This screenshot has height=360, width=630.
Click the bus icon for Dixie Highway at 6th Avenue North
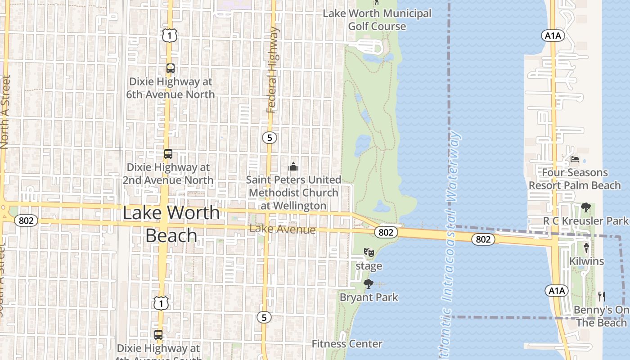pyautogui.click(x=170, y=68)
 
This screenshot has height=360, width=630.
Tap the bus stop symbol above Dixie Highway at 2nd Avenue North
pyautogui.click(x=168, y=154)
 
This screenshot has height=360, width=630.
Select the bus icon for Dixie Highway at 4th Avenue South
pyautogui.click(x=158, y=335)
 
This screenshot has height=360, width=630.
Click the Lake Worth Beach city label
pyautogui.click(x=171, y=224)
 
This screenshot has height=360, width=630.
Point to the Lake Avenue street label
pyautogui.click(x=282, y=229)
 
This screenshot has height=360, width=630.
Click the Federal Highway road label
pyautogui.click(x=273, y=70)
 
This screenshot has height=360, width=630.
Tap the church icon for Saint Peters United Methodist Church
pyautogui.click(x=293, y=167)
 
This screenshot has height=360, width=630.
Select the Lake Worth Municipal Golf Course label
pyautogui.click(x=377, y=20)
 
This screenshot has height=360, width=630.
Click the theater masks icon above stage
pyautogui.click(x=369, y=252)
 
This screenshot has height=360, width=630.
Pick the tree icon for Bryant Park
pyautogui.click(x=369, y=284)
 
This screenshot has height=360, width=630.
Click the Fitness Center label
pyautogui.click(x=347, y=344)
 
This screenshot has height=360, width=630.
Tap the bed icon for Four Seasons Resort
pyautogui.click(x=575, y=159)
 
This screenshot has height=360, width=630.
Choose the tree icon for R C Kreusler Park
pyautogui.click(x=585, y=207)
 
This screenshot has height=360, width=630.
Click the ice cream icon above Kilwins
pyautogui.click(x=586, y=247)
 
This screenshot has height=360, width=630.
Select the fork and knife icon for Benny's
pyautogui.click(x=602, y=296)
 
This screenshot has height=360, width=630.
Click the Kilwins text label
pyautogui.click(x=586, y=261)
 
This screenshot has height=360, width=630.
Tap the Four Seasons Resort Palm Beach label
pyautogui.click(x=575, y=179)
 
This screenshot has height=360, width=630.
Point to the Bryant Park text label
pyautogui.click(x=369, y=297)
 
